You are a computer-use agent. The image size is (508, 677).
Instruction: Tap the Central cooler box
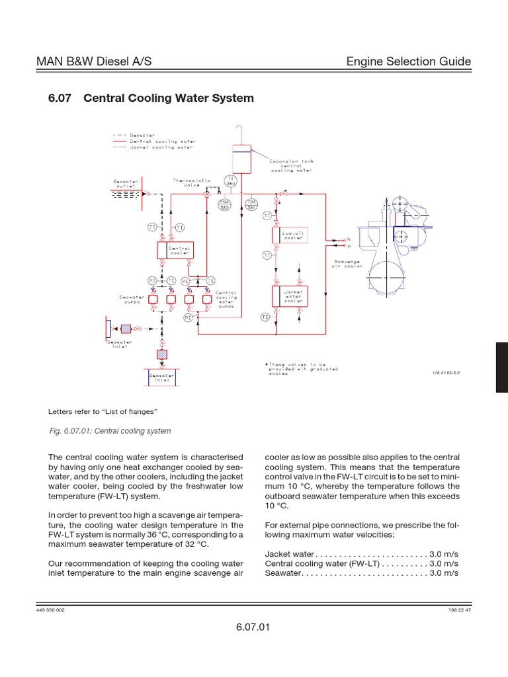tap(174, 250)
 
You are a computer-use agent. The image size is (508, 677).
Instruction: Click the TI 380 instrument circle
tap(231, 181)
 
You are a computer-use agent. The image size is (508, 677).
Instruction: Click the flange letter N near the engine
tap(349, 239)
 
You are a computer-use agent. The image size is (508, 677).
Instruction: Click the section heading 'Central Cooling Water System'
tap(167, 98)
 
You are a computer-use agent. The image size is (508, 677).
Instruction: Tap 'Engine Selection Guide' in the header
tap(409, 61)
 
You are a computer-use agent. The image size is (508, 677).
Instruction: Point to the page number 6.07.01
tap(253, 627)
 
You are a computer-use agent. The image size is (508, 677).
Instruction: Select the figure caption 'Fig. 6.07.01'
tap(110, 431)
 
